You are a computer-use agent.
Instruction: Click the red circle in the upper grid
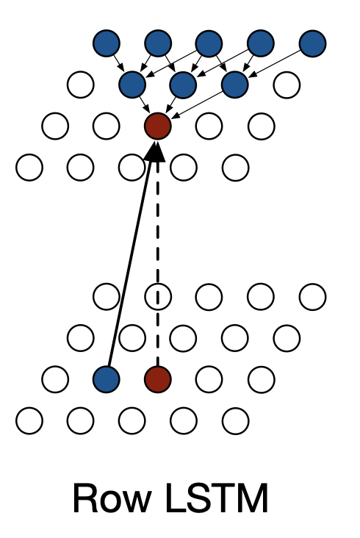(x=158, y=126)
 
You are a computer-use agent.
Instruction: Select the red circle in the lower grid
(x=158, y=379)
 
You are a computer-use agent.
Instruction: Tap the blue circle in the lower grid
(x=107, y=379)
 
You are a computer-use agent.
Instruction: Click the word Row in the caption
(x=112, y=498)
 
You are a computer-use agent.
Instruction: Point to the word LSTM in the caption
(x=217, y=498)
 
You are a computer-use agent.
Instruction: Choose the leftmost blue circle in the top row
(x=107, y=43)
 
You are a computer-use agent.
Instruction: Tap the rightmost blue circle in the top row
(x=312, y=43)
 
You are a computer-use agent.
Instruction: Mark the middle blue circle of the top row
(x=209, y=43)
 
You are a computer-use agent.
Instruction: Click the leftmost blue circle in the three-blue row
(x=132, y=85)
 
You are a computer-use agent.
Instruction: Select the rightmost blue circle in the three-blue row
(x=235, y=85)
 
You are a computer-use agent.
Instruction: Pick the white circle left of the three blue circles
(x=81, y=85)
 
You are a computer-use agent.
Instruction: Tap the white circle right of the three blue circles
(x=287, y=85)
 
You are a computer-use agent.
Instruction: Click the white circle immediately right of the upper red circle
(x=209, y=126)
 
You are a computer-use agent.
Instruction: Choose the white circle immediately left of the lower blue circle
(x=55, y=379)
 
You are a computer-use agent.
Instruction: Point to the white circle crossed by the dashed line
(x=158, y=296)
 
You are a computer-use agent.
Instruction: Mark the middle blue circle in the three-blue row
(x=183, y=85)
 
